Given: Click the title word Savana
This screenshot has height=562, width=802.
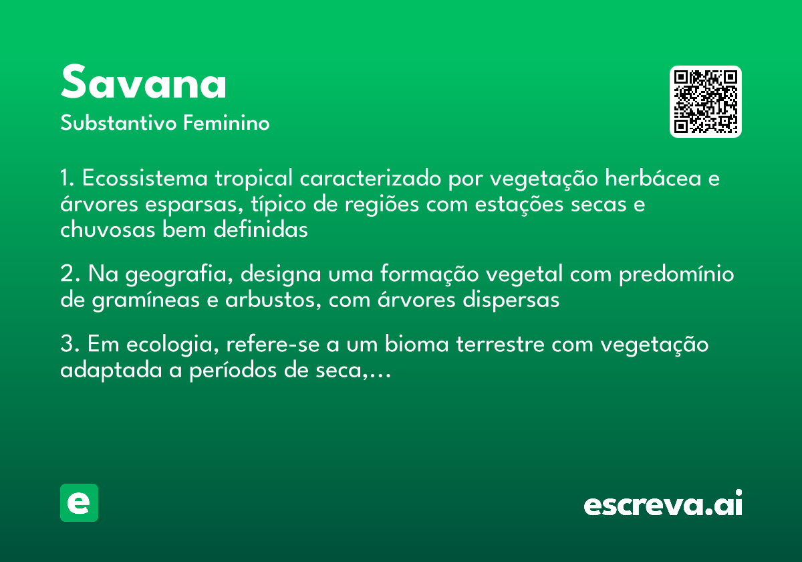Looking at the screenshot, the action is pyautogui.click(x=143, y=82).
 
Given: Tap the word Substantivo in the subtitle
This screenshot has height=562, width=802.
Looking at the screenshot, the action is pyautogui.click(x=118, y=122).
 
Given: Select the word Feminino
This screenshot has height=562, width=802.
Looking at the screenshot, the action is pyautogui.click(x=227, y=122).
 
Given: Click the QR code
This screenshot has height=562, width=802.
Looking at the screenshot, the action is pyautogui.click(x=705, y=102).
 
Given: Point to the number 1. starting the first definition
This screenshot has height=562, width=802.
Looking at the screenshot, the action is pyautogui.click(x=68, y=178).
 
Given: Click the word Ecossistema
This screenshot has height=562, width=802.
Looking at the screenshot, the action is pyautogui.click(x=144, y=178).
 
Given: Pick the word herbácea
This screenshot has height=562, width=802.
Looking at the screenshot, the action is pyautogui.click(x=653, y=178).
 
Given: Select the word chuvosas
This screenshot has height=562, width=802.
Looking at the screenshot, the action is pyautogui.click(x=108, y=229).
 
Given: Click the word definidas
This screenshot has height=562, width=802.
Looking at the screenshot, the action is pyautogui.click(x=261, y=229).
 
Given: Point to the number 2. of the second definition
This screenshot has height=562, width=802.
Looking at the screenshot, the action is pyautogui.click(x=70, y=274).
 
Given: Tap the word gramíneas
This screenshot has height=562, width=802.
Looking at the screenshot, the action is pyautogui.click(x=146, y=300).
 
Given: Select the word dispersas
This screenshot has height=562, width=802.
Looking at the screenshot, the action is pyautogui.click(x=511, y=300).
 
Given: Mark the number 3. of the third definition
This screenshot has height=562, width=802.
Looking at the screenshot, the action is pyautogui.click(x=70, y=344).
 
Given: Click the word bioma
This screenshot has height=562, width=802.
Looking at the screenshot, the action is pyautogui.click(x=417, y=344).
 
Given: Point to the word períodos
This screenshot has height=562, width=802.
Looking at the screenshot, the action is pyautogui.click(x=233, y=370).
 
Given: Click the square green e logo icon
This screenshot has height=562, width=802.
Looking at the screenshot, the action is pyautogui.click(x=79, y=502).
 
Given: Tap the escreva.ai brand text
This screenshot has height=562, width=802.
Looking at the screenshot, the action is pyautogui.click(x=663, y=503).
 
